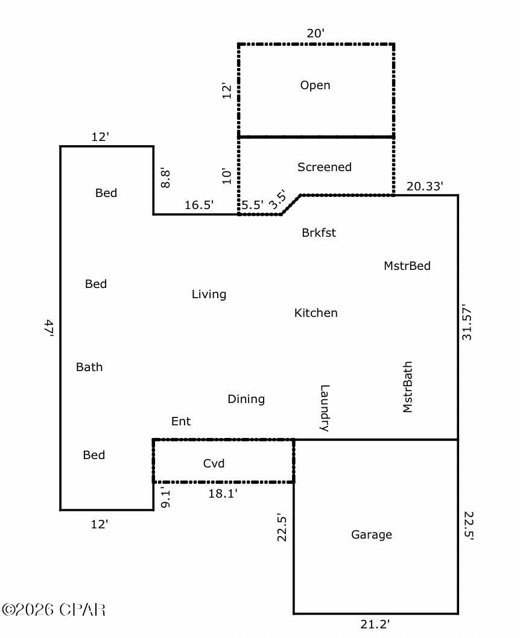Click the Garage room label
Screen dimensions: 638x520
(372, 535)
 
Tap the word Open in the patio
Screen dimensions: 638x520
(315, 86)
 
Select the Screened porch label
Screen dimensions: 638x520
(325, 167)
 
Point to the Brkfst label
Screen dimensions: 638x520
(319, 233)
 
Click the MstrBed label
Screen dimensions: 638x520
(407, 266)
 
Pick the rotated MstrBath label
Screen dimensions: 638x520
(408, 387)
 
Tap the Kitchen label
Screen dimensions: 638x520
(315, 313)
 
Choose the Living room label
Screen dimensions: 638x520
(209, 295)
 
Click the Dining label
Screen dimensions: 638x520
(246, 399)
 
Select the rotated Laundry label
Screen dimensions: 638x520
(325, 408)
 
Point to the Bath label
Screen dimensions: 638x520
(89, 367)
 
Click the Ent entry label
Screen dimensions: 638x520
(181, 422)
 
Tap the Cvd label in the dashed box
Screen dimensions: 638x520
(214, 463)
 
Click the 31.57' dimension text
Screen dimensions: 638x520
(466, 324)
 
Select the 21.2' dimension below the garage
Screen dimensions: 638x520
(375, 624)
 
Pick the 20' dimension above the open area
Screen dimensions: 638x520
(315, 34)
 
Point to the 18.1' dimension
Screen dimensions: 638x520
(223, 493)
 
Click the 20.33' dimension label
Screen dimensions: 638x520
(425, 187)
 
